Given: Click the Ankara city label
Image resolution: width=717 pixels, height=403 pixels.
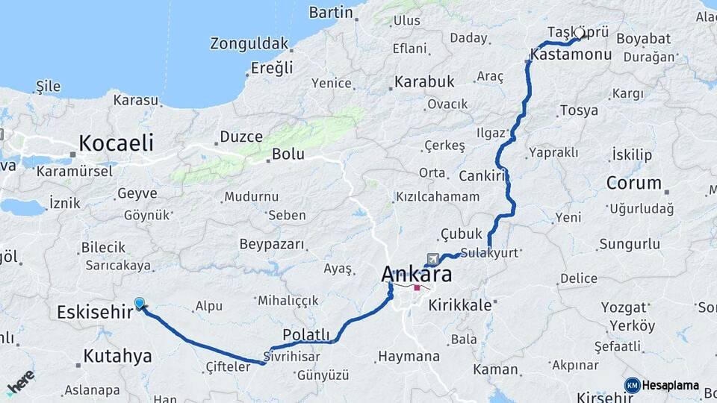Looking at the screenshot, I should coord(416,274).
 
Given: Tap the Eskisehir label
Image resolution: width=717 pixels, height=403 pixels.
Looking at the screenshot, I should coord(94,312).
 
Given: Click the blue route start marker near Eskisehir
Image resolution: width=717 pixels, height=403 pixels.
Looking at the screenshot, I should coord(140,304).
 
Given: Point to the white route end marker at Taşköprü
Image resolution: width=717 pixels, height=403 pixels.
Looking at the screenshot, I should coord(579,34).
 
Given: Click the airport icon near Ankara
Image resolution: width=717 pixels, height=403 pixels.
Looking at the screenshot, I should coord(432,258).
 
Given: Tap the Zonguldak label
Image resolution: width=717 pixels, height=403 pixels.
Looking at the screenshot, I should coord(249,43).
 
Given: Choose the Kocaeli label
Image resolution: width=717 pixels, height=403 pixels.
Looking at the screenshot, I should coord(116,143).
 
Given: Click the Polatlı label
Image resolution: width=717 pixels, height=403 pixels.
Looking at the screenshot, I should coord(306,334).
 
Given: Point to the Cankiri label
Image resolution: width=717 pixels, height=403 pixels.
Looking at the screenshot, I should coord(482,176).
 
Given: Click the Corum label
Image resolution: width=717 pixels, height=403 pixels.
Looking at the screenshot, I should coord(633,183).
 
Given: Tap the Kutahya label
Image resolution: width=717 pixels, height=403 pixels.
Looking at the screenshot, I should coord(117,356).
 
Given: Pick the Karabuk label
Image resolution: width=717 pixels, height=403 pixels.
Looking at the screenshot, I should coord(424,81).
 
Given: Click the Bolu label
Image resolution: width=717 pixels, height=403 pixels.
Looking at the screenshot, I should coord(288,154).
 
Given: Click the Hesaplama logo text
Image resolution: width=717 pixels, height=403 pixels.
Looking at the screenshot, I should coord(670,385).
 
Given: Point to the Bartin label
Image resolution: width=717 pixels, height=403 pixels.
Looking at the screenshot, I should coord(330,12).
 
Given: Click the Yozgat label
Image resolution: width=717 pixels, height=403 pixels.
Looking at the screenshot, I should coord(625,307).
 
